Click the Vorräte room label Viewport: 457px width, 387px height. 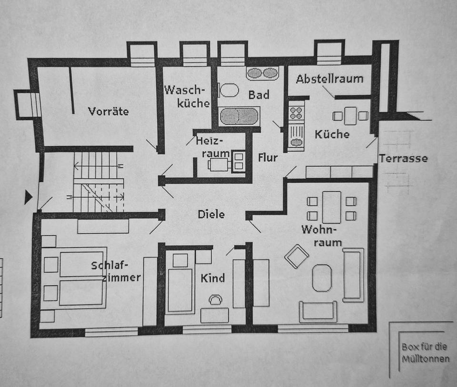[x=109, y=111]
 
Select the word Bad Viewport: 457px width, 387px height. [x=258, y=95]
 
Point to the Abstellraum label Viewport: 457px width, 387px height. [x=329, y=79]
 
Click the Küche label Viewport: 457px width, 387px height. [x=332, y=134]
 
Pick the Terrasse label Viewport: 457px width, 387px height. [x=403, y=158]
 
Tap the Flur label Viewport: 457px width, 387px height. [x=268, y=158]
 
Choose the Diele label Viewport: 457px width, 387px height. [x=211, y=214]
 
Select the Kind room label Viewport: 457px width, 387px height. [x=212, y=278]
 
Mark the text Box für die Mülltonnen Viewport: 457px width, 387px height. [x=425, y=353]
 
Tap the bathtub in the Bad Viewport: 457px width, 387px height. [x=239, y=116]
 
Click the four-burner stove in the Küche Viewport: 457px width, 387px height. [x=296, y=113]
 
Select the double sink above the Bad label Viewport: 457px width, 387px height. [x=262, y=73]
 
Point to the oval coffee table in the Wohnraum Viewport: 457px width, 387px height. [x=322, y=278]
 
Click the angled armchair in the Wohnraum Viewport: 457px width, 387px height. [x=297, y=256]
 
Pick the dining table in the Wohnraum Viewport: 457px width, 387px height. [x=331, y=207]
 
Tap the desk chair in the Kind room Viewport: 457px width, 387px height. [x=215, y=299]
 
